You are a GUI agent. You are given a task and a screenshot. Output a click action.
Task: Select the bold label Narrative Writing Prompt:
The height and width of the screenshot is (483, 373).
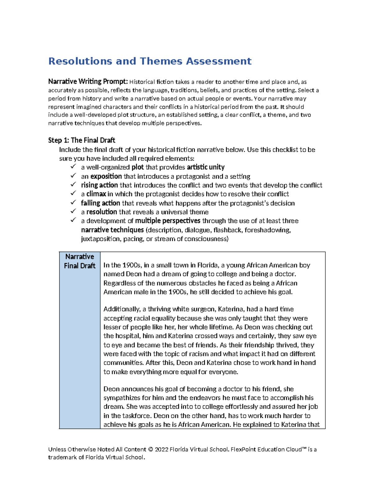pyautogui.click(x=88, y=82)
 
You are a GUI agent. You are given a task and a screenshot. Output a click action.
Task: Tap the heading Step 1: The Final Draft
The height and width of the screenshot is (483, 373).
pyautogui.click(x=81, y=140)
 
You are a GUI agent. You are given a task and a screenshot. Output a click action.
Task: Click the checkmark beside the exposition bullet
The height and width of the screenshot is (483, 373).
pyautogui.click(x=73, y=176)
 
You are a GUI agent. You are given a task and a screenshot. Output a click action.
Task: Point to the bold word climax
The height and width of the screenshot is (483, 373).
pyautogui.click(x=96, y=194)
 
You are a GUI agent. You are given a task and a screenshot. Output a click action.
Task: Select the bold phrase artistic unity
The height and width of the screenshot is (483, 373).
pyautogui.click(x=205, y=167)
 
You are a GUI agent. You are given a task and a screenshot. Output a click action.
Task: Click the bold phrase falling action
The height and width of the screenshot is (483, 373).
pyautogui.click(x=100, y=203)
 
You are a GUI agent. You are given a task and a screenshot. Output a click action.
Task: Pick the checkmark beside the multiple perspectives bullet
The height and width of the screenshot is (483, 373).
pyautogui.click(x=73, y=220)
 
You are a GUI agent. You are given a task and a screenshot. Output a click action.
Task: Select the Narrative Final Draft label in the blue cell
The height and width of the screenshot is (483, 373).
pyautogui.click(x=80, y=261)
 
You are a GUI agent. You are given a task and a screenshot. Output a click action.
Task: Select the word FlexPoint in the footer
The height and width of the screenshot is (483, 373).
pyautogui.click(x=242, y=449)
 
